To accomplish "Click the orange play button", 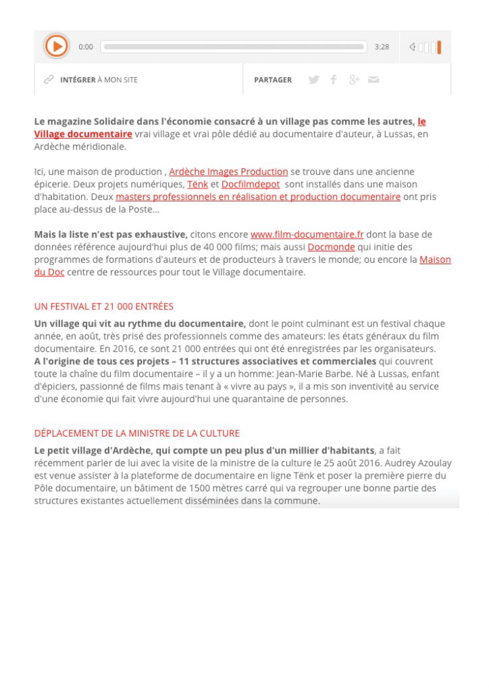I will [57, 46].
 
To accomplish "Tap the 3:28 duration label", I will [382, 47].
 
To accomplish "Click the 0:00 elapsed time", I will [86, 47].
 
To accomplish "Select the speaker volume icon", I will [412, 47].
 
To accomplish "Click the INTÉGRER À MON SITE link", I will [98, 80].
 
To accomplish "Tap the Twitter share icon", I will [313, 80].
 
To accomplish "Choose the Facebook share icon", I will [333, 80].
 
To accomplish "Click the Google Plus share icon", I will [354, 80].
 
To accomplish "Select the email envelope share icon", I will [374, 80].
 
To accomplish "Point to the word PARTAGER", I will [273, 80].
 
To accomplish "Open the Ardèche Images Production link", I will [228, 172].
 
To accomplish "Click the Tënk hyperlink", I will [197, 184].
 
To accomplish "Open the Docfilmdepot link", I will [250, 184].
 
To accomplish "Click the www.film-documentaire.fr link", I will [307, 234].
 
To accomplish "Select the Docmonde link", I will [331, 247].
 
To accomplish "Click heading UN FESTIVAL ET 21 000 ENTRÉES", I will [104, 306].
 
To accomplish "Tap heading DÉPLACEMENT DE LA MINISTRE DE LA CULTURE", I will [137, 433].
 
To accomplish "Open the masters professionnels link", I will [258, 197].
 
